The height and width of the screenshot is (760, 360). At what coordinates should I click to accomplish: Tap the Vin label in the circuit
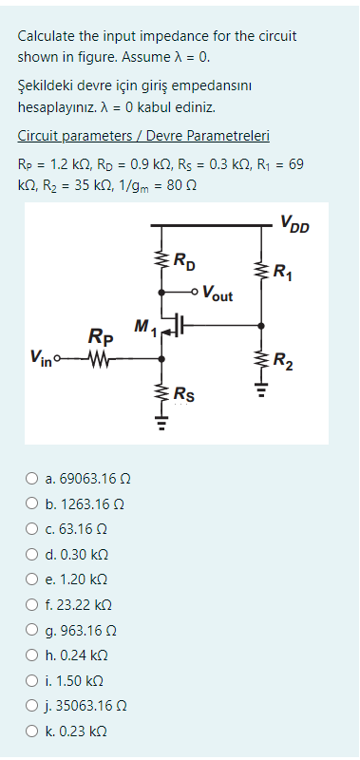click(x=42, y=358)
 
